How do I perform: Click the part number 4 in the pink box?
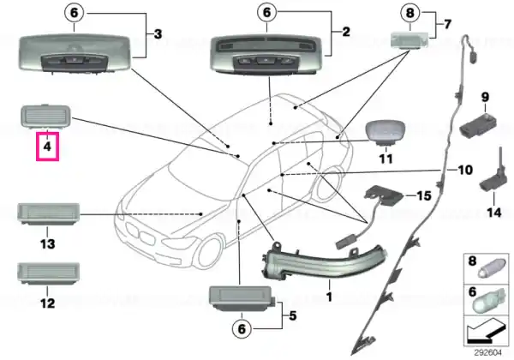47,147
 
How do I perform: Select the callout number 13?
47,244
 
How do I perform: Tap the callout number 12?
47,303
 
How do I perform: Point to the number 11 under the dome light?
385,159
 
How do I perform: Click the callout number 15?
423,195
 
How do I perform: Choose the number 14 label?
494,213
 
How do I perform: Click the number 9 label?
485,97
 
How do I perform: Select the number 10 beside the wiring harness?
465,170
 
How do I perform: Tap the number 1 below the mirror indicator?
329,297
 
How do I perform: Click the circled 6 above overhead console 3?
75,13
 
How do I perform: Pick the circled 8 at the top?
410,13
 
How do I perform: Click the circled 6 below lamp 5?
242,328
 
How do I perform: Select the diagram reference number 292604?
487,353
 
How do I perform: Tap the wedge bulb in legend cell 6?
488,300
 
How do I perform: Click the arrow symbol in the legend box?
487,332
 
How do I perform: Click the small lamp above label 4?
46,116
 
